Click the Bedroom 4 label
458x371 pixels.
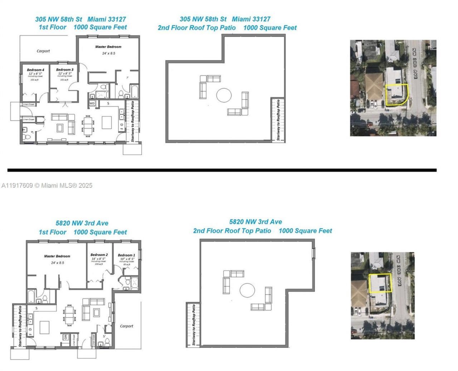[35, 70]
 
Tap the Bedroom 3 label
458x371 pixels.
[65, 70]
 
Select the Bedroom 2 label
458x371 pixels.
[99, 255]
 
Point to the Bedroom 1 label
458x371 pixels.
[126, 255]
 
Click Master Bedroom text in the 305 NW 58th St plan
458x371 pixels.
[108, 47]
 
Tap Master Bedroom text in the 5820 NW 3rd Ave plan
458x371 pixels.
[57, 256]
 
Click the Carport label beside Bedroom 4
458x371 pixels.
[43, 51]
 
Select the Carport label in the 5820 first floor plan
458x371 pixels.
[126, 326]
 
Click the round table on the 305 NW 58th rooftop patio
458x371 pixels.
[224, 95]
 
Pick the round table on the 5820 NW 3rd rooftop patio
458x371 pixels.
[247, 290]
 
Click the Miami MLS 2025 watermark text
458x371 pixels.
[47, 185]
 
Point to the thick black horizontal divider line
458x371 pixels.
[222, 170]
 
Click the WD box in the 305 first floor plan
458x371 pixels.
[92, 104]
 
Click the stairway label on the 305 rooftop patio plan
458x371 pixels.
[278, 121]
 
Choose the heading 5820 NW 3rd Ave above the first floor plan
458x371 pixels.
[82, 223]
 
